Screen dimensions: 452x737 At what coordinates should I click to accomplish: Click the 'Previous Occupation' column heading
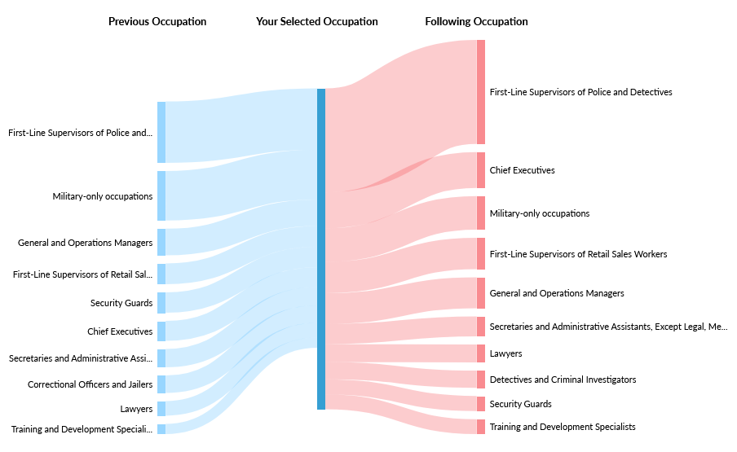[157, 22]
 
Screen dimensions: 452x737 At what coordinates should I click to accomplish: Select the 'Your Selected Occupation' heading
[316, 22]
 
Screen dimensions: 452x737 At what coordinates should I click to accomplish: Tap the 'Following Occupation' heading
[476, 22]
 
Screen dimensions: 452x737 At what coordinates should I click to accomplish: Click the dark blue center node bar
[321, 248]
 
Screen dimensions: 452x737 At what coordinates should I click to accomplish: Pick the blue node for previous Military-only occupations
[161, 195]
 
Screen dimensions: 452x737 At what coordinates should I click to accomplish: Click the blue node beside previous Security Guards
[161, 303]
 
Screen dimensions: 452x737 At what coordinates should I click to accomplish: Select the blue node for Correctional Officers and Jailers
[161, 384]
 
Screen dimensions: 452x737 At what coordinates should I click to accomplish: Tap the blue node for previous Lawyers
[161, 409]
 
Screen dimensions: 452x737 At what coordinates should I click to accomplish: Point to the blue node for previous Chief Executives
[161, 331]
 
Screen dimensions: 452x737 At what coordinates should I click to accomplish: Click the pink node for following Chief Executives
[481, 170]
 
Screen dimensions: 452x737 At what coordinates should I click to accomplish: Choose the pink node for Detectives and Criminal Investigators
[481, 380]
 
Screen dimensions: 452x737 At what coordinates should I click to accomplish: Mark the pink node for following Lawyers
[481, 353]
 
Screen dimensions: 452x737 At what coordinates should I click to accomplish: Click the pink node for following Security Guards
[481, 404]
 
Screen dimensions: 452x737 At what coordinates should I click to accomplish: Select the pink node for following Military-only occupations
[481, 213]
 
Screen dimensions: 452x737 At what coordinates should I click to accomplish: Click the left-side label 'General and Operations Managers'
[85, 243]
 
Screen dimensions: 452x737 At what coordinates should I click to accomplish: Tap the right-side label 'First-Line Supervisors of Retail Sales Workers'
[578, 254]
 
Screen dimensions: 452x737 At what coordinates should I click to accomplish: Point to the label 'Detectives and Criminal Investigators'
[563, 380]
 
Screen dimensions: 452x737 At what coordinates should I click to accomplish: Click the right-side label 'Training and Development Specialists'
[563, 427]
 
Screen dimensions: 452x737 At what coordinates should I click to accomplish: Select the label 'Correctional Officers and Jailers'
[90, 384]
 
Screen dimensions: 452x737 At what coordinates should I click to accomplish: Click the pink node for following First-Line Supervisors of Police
[481, 92]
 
